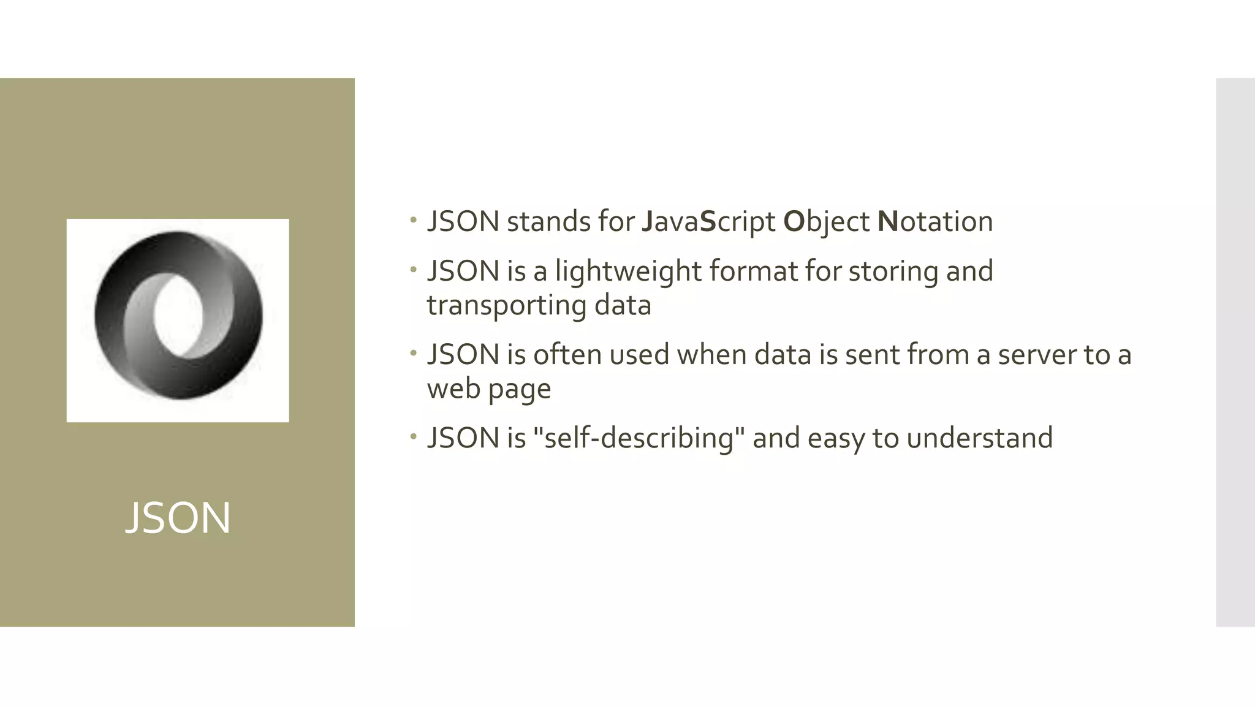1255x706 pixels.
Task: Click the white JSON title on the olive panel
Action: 178,518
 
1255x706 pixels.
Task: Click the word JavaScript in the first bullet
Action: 708,222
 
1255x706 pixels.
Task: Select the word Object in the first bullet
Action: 826,222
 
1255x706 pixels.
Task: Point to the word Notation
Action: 935,222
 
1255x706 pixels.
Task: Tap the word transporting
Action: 506,305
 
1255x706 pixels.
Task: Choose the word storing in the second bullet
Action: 893,271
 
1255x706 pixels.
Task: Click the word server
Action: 1036,355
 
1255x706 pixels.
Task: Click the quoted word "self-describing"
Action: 639,438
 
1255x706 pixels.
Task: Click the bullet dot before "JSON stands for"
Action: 414,219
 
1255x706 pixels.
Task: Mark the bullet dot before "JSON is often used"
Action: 414,352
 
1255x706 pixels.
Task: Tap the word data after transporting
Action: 623,305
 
